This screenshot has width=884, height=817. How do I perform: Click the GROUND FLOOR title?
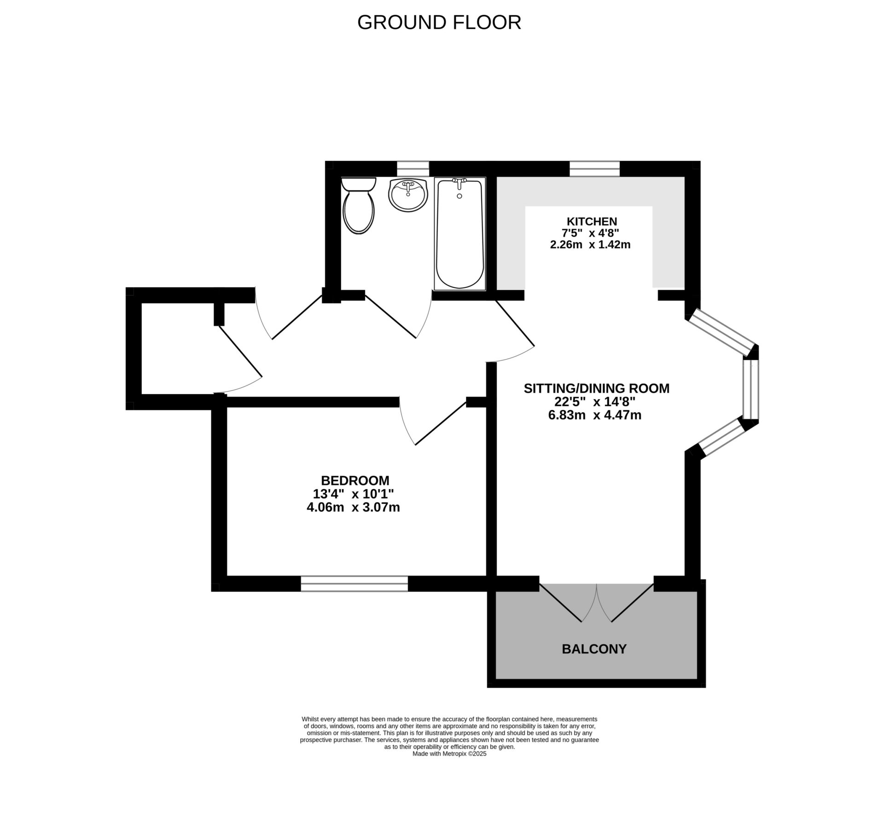click(439, 23)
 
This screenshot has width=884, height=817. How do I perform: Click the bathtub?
click(459, 235)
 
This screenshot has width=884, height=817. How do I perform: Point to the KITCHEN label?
click(592, 222)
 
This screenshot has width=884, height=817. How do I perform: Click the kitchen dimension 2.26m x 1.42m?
click(590, 245)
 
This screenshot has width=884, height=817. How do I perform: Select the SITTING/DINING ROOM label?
click(596, 388)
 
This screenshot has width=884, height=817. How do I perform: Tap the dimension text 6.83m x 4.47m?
click(594, 415)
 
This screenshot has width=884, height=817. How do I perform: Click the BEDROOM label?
click(355, 480)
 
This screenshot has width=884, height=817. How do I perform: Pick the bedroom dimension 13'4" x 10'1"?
click(353, 494)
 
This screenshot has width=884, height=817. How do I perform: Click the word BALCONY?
click(594, 649)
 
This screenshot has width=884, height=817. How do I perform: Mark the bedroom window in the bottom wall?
click(354, 584)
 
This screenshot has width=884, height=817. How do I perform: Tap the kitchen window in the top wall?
click(594, 169)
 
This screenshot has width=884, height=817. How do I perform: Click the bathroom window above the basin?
click(413, 169)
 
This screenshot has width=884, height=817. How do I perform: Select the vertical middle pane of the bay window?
click(750, 390)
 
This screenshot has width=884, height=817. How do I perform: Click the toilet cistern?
click(359, 184)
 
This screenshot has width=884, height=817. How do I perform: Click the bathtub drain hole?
click(459, 196)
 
